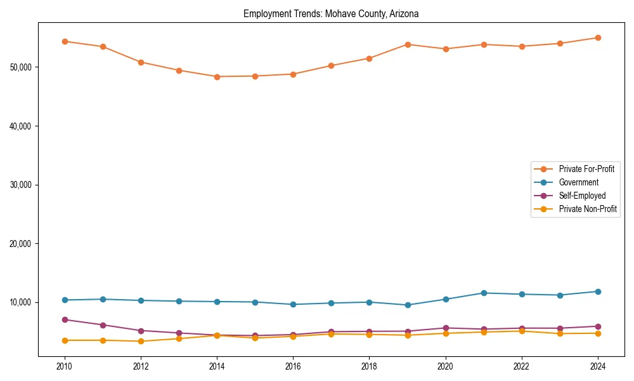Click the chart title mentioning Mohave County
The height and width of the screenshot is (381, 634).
pos(331,13)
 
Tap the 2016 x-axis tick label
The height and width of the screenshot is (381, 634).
pos(293,366)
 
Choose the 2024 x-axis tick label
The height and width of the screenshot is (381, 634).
pos(598,366)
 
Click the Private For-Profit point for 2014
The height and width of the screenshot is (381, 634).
pos(217,77)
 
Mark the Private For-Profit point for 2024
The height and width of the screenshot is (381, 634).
pos(598,37)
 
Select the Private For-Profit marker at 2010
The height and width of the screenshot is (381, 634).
pos(65,41)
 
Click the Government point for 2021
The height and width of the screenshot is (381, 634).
pos(484,293)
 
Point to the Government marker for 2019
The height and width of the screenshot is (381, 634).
pos(408,305)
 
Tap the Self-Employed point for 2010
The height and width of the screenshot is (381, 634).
pos(65,319)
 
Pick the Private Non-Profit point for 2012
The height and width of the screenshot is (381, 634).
pos(141,341)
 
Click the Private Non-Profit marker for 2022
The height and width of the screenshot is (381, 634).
pos(522,331)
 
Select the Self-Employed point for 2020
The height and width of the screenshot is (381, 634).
pos(446,328)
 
